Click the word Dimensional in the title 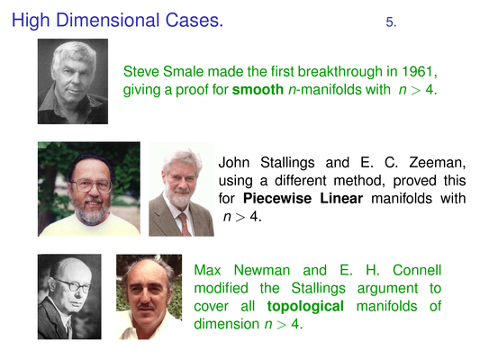[x=108, y=20]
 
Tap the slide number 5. [x=391, y=22]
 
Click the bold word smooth [x=258, y=90]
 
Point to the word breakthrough [x=340, y=72]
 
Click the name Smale [x=183, y=72]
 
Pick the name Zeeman [x=437, y=162]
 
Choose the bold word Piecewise [x=277, y=199]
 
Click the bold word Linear [x=341, y=199]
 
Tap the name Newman [x=262, y=270]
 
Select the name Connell [x=417, y=270]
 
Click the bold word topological [x=305, y=307]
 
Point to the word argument [x=387, y=289]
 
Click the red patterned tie [x=185, y=224]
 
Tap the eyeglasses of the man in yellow [x=91, y=184]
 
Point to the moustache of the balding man [x=145, y=306]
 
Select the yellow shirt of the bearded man [x=89, y=226]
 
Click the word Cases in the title [x=195, y=20]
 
